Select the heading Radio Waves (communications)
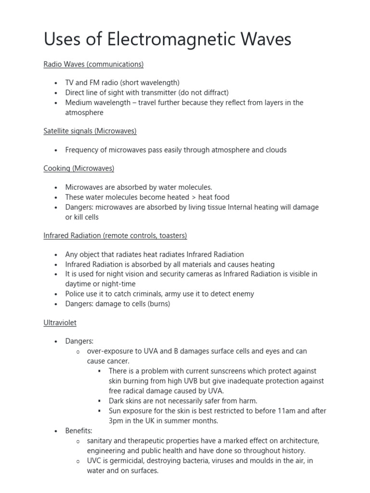(x=93, y=64)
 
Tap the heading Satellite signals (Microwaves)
(x=90, y=131)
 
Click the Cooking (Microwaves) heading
(x=79, y=169)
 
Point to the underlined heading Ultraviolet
(x=60, y=323)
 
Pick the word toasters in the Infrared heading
(x=171, y=235)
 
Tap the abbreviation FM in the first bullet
(x=95, y=83)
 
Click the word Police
(x=76, y=294)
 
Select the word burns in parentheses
(x=159, y=304)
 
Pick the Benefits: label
(x=79, y=430)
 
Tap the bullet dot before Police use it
(x=55, y=294)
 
